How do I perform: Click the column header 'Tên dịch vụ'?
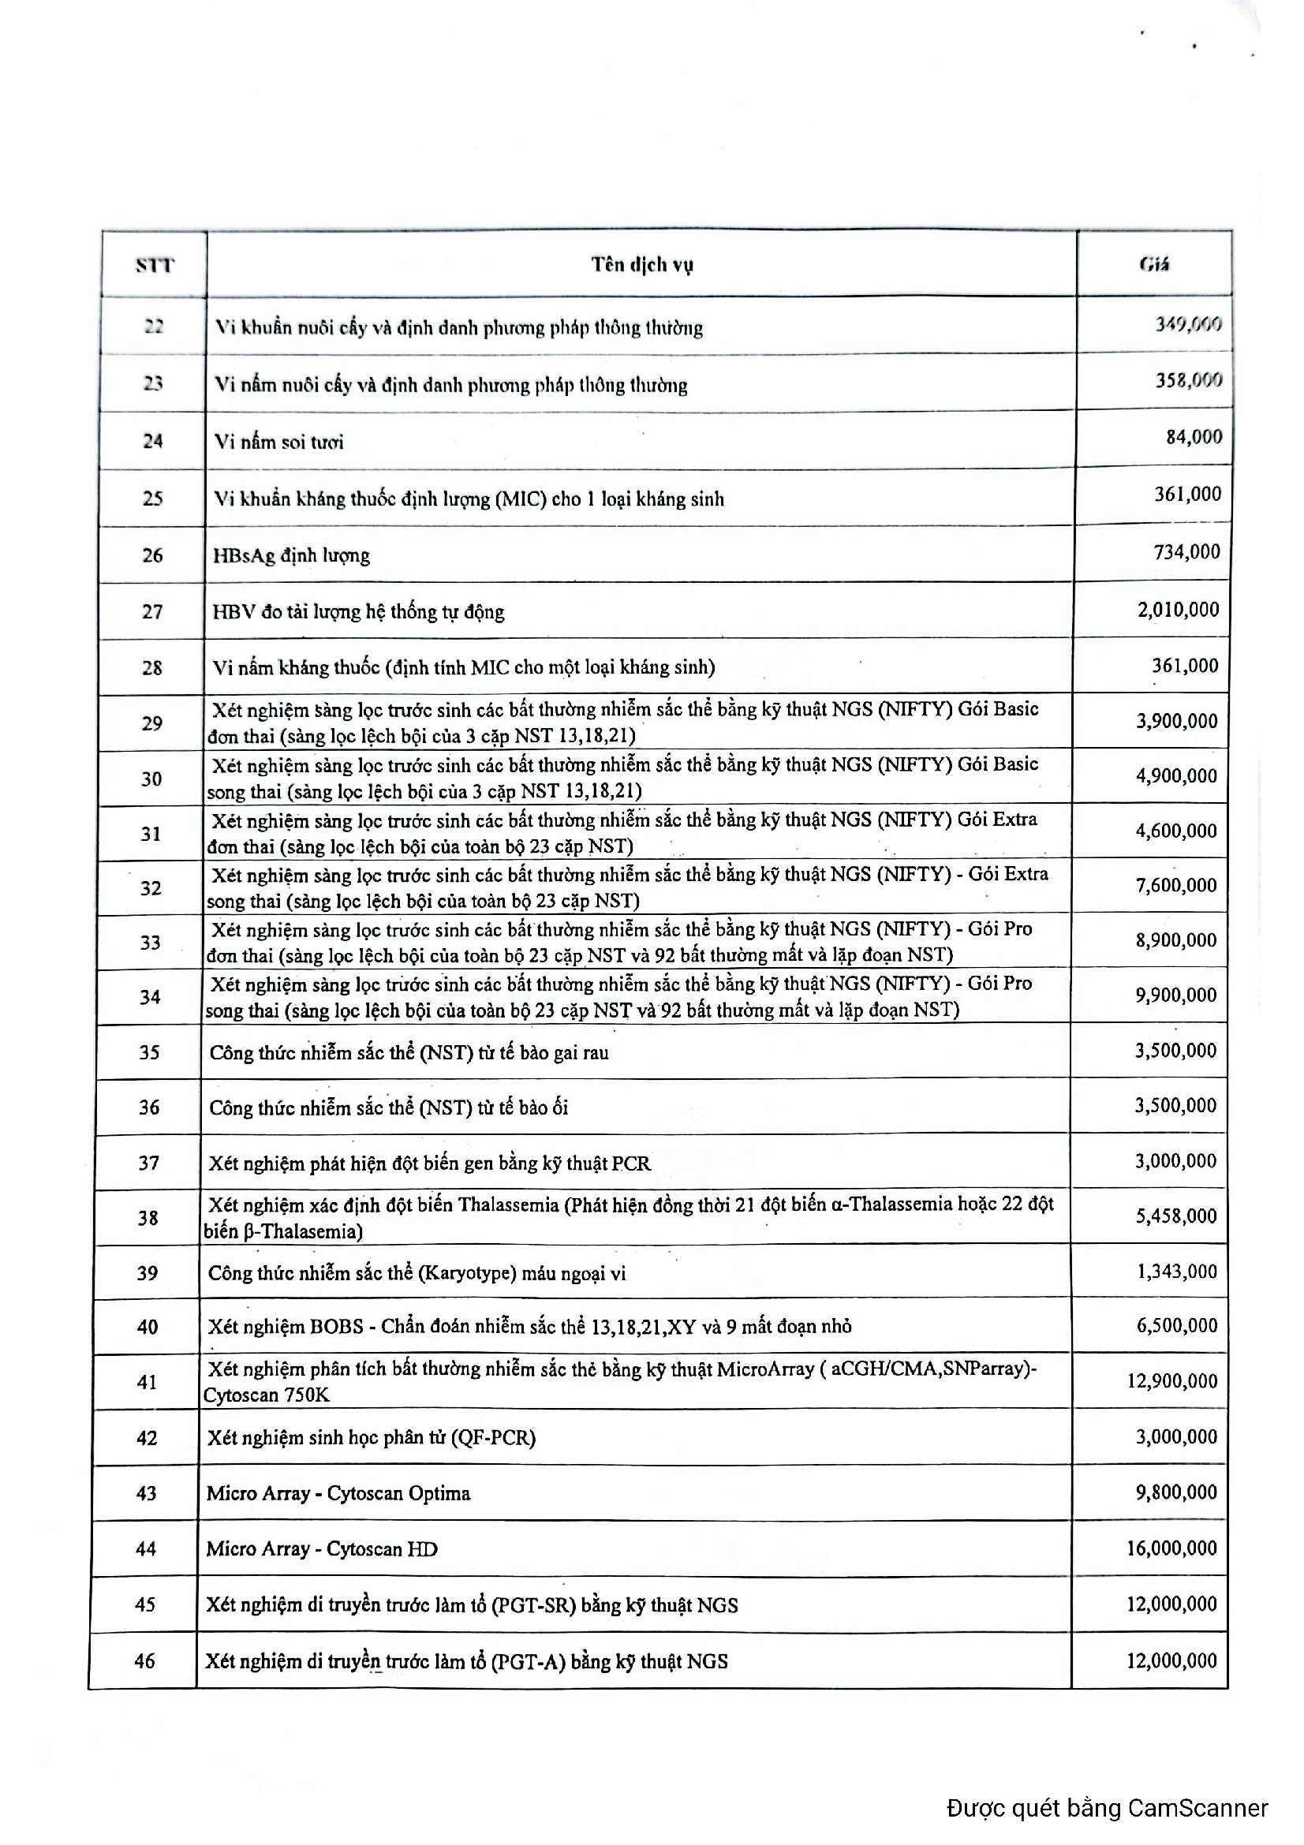pos(642,264)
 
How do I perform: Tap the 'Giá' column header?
pos(1154,264)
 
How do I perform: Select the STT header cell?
pos(155,265)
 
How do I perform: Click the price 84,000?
pos(1194,437)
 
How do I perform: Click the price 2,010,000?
pos(1178,610)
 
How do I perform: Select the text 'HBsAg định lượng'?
pos(291,555)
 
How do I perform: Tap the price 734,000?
pos(1186,552)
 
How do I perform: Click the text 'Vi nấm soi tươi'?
pos(278,442)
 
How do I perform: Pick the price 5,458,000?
pos(1176,1216)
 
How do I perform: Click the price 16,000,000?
pos(1171,1548)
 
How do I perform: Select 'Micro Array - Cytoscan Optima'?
pos(338,1493)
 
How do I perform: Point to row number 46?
pos(144,1660)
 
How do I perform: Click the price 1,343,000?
pos(1177,1272)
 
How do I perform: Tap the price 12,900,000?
pos(1171,1381)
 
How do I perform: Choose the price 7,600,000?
pos(1176,886)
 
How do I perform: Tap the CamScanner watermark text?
pos(1107,1808)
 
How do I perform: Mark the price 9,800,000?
pos(1176,1492)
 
